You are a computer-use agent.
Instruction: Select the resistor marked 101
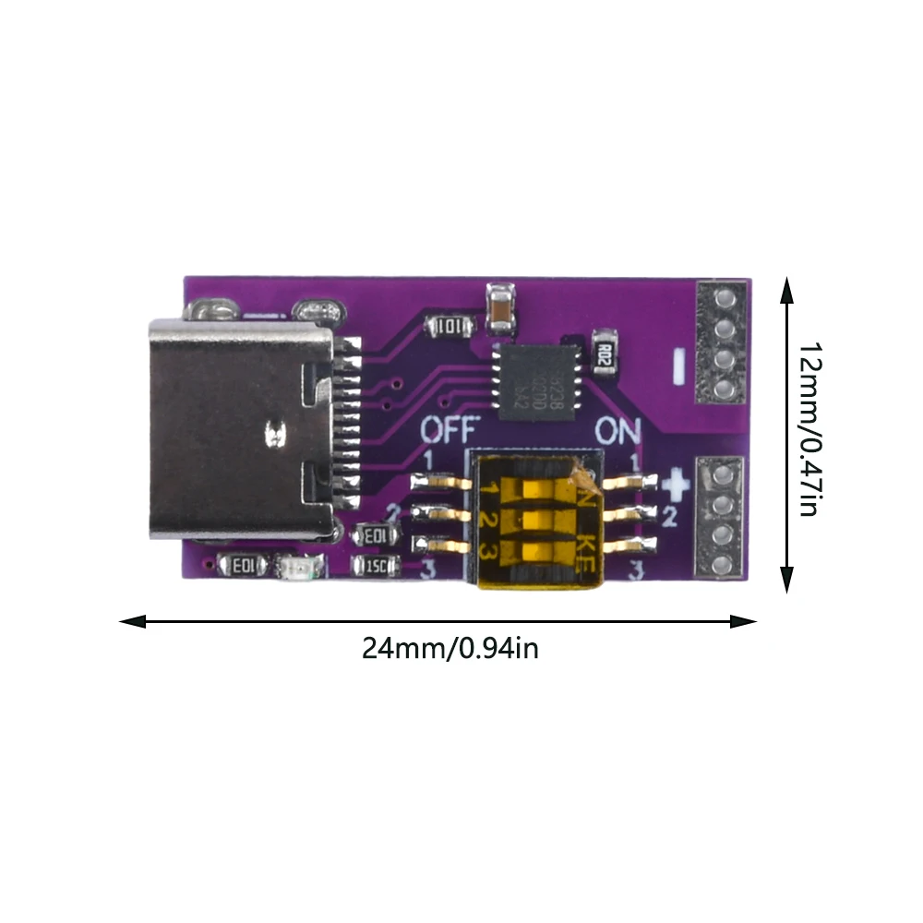450,326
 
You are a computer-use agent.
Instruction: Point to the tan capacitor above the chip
498,308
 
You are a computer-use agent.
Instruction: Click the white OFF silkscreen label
450,430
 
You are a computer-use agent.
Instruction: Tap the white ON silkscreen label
617,430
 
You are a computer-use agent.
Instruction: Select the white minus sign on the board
679,366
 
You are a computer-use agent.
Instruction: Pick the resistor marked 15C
376,565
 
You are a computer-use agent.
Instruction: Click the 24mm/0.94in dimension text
450,648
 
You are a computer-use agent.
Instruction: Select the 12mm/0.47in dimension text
809,429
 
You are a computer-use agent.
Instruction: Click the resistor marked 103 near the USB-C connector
376,534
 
